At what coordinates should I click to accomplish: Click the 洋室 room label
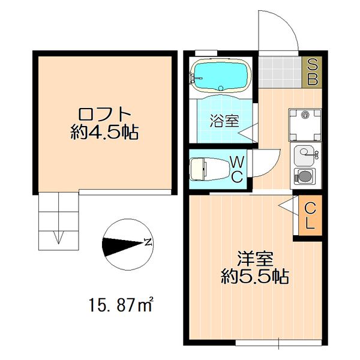click(x=255, y=259)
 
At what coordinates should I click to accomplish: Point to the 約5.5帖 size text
click(x=255, y=277)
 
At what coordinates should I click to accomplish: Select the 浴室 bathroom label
click(x=224, y=120)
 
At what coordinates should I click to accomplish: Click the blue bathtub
click(x=220, y=76)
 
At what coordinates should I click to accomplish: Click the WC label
click(x=236, y=169)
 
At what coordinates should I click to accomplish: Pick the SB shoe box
click(x=312, y=71)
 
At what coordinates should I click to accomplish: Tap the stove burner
click(x=305, y=176)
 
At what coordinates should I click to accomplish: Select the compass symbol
click(x=127, y=245)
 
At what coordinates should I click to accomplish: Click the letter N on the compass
click(x=147, y=243)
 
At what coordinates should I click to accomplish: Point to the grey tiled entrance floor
click(x=281, y=71)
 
